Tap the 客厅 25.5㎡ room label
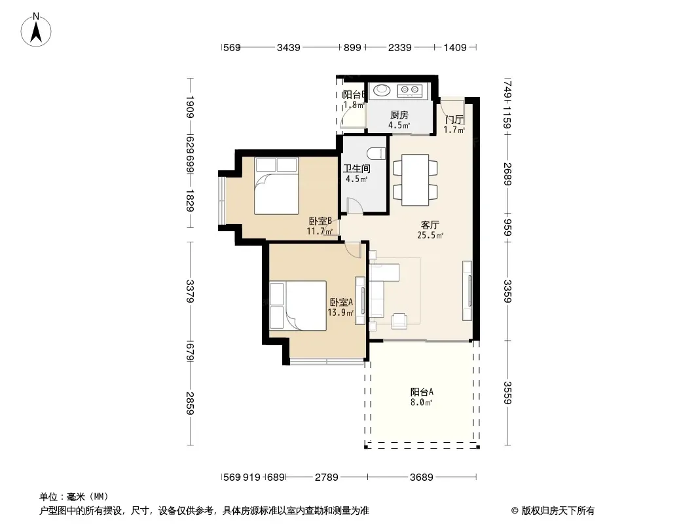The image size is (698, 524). tap(430, 229)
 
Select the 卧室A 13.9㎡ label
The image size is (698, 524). tap(341, 307)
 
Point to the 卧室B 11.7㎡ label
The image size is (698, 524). tap(321, 226)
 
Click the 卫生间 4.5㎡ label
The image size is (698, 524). tap(357, 173)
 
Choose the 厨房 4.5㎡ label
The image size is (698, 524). tap(399, 120)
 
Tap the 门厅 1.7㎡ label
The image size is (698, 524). tap(454, 124)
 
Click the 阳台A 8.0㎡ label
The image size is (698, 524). tap(422, 397)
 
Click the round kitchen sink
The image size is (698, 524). tap(381, 90)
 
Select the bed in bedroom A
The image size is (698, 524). tap(298, 305)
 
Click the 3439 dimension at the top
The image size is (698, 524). tap(289, 47)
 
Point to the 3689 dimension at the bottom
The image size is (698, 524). tap(422, 477)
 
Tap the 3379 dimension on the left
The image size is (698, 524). tap(190, 291)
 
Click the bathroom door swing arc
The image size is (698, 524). tap(354, 206)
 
